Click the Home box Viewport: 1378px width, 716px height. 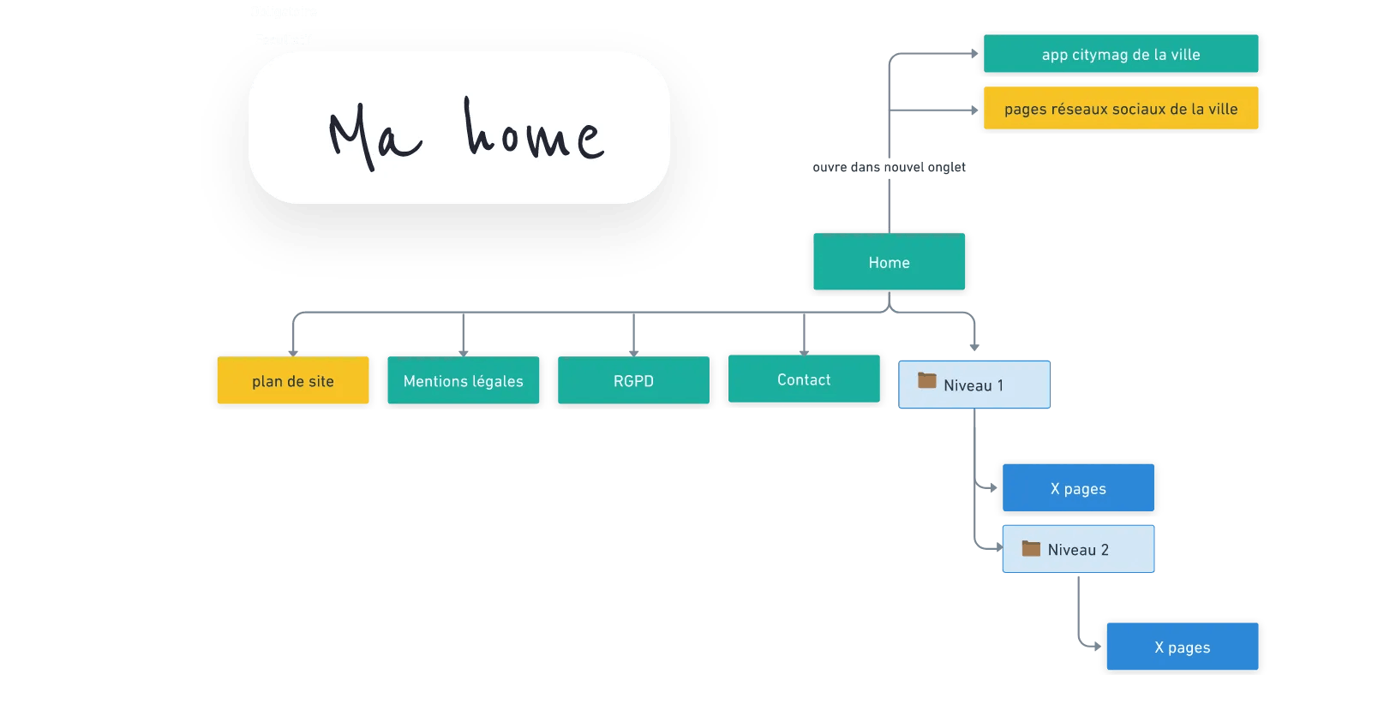point(889,262)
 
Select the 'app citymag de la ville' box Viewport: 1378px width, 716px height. point(1120,54)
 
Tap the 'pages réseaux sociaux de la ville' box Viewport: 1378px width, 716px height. point(1120,109)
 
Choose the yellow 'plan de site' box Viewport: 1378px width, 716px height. point(292,381)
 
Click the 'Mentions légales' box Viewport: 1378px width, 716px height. point(463,381)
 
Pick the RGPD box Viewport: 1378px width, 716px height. point(633,381)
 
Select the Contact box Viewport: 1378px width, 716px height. point(803,379)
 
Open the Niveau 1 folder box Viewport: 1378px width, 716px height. point(974,385)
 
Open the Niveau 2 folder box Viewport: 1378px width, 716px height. point(1078,549)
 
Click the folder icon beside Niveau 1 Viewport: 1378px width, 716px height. point(927,380)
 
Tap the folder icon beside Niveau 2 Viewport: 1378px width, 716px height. point(1031,548)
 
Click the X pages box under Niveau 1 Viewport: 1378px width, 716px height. point(1078,488)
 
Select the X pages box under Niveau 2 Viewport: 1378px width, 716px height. point(1182,647)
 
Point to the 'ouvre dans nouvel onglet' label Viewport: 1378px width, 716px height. point(889,167)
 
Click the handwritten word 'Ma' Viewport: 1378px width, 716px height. point(374,137)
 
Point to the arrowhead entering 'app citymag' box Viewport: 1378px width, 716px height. point(975,53)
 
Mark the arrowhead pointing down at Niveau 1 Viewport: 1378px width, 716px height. point(974,346)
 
